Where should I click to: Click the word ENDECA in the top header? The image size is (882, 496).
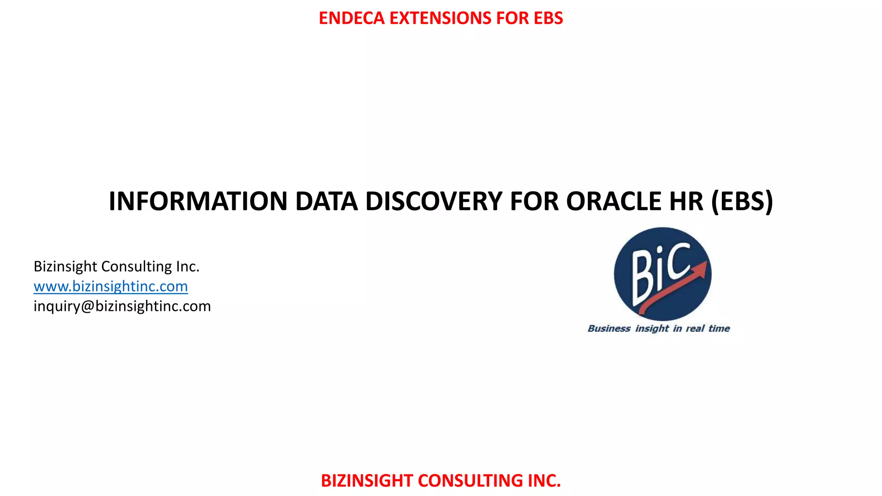[351, 18]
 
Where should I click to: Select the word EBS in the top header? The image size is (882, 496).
[548, 18]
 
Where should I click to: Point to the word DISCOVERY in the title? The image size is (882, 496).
[434, 201]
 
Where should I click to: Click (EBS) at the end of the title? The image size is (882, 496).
[742, 201]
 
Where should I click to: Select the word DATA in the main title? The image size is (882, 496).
[326, 201]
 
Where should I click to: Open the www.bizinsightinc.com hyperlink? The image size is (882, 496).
[111, 286]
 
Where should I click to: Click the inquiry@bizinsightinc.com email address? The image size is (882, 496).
[122, 306]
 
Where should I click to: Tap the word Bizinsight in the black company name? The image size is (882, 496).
[65, 267]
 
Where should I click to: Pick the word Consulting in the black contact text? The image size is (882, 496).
[137, 267]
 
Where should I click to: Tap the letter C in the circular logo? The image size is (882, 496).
[678, 260]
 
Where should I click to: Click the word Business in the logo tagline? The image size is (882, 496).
[609, 329]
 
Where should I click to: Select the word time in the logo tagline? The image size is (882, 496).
[719, 329]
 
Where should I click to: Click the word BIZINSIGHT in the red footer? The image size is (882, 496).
[367, 480]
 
